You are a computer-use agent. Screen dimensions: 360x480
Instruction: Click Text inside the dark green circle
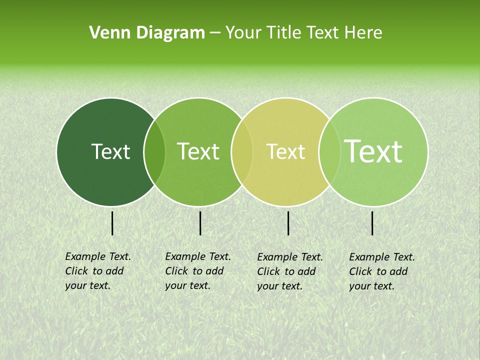(110, 151)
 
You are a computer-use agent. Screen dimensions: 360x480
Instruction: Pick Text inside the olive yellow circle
(285, 151)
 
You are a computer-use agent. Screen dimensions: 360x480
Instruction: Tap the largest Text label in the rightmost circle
(373, 151)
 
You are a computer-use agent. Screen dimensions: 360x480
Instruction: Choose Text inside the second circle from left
(198, 151)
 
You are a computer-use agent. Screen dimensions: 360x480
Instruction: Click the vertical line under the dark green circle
(112, 223)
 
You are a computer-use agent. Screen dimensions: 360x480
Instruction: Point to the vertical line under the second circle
(200, 223)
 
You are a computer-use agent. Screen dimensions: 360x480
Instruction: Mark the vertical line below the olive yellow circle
(288, 223)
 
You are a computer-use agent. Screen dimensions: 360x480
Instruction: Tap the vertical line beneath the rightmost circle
(372, 223)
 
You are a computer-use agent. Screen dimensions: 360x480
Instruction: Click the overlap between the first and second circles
(154, 152)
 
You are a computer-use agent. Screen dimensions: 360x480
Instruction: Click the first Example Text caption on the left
(97, 271)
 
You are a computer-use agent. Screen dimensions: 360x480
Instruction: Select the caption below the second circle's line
(197, 271)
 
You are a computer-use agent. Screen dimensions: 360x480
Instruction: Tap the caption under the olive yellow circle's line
(289, 271)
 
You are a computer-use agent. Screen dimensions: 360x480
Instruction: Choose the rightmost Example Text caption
(381, 271)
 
